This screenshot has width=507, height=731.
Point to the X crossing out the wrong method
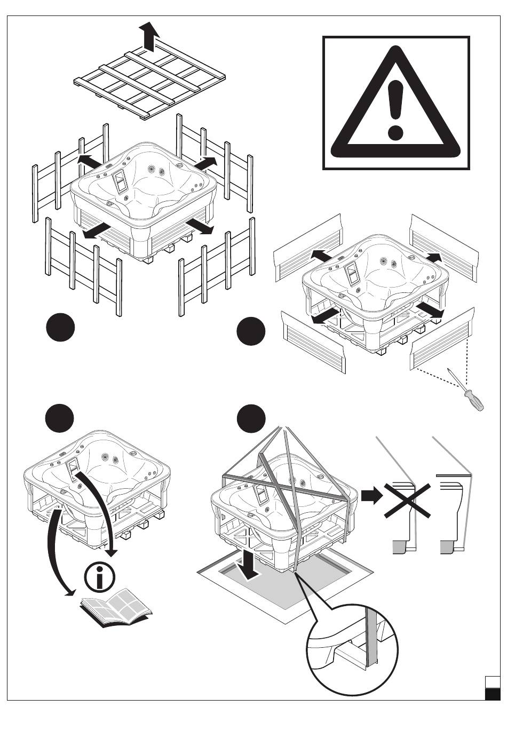(407, 500)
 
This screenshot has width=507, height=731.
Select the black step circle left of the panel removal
(251, 331)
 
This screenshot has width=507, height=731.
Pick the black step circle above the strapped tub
(251, 419)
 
